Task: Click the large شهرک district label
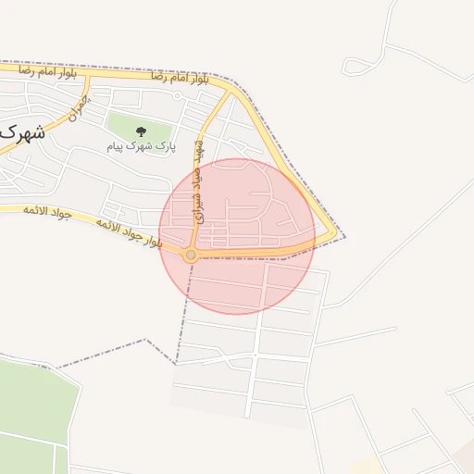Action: tap(20, 132)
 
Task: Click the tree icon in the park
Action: tap(141, 131)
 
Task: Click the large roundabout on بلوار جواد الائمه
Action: tap(191, 255)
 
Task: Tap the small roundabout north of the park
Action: tap(177, 95)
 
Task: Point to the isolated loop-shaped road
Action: tap(359, 66)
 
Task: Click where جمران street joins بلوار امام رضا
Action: tap(87, 75)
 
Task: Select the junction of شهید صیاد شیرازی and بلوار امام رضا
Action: tap(229, 91)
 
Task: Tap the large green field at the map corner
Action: tap(32, 407)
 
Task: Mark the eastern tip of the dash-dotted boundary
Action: tap(345, 236)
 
